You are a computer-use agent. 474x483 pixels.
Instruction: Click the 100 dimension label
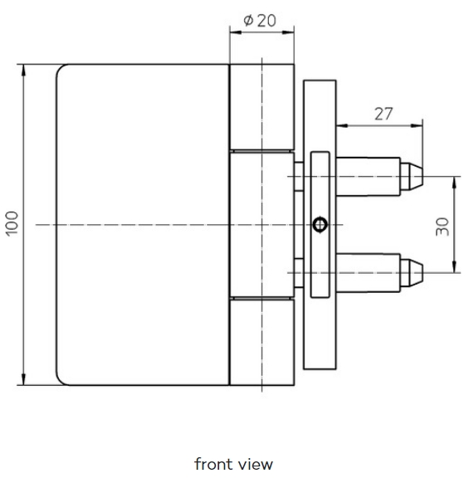(12, 224)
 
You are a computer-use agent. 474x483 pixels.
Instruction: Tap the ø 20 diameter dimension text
(260, 21)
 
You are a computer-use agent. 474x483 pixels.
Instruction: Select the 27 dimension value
(384, 114)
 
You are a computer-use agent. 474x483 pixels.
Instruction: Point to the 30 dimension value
(442, 227)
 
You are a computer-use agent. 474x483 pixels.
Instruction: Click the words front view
(233, 464)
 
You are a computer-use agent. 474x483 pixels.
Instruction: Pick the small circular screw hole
(320, 224)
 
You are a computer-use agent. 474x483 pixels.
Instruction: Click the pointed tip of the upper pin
(423, 176)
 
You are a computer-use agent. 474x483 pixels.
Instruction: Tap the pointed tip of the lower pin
(423, 272)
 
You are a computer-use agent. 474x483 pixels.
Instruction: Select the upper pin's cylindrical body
(369, 177)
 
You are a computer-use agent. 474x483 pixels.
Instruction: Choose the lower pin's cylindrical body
(369, 272)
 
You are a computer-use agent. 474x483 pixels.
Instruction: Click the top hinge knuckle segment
(262, 107)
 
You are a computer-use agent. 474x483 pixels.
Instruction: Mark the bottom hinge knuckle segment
(262, 342)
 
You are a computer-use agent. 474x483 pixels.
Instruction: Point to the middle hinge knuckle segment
(262, 225)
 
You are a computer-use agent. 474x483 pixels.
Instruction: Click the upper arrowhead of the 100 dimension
(23, 70)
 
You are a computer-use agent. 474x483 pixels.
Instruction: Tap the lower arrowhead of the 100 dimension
(23, 379)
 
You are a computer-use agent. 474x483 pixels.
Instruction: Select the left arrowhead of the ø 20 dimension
(236, 32)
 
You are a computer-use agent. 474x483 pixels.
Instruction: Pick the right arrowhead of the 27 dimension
(417, 125)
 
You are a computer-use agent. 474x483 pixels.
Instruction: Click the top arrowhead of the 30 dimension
(455, 183)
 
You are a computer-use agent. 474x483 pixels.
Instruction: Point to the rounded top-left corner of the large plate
(61, 68)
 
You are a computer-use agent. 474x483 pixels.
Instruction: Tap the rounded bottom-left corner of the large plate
(61, 381)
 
